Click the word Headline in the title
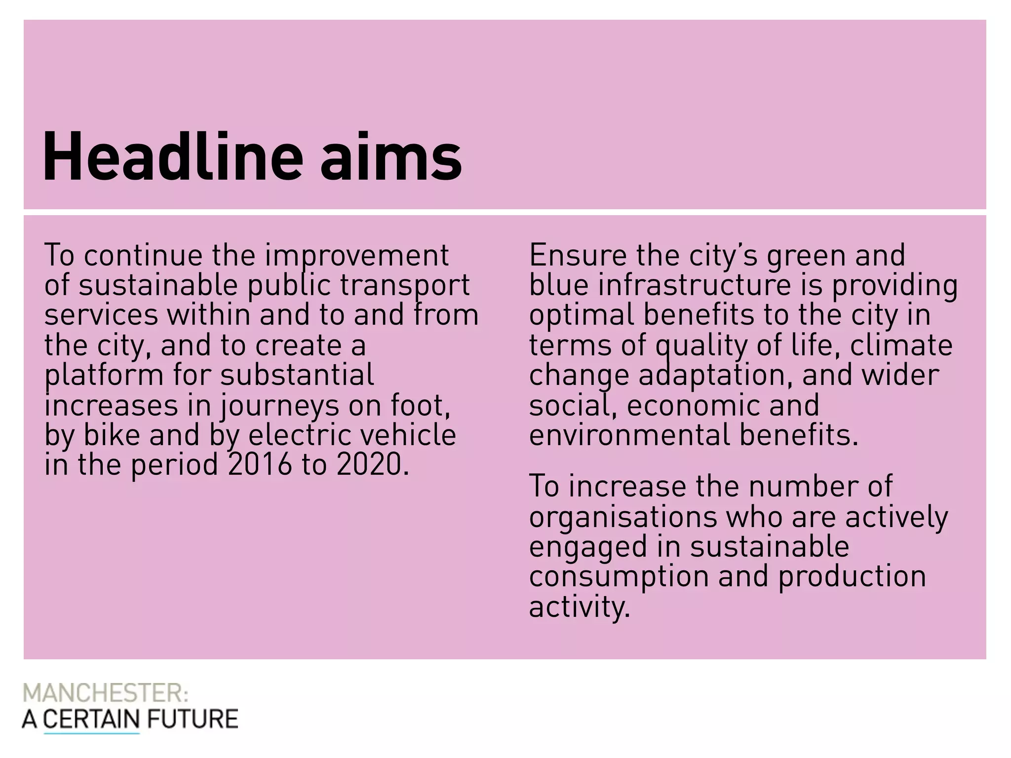[x=173, y=157]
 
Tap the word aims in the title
[x=391, y=157]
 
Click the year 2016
[x=260, y=465]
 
